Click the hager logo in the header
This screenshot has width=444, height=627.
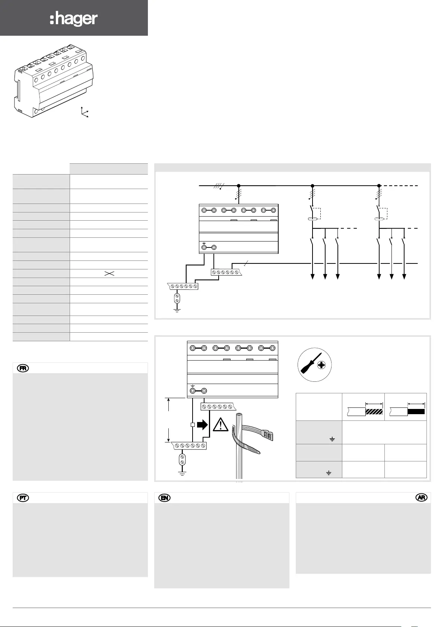(x=74, y=19)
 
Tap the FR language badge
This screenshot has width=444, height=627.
(x=23, y=368)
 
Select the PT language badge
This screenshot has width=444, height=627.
(x=23, y=498)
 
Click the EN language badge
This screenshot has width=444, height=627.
(x=164, y=498)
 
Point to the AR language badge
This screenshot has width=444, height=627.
(x=422, y=498)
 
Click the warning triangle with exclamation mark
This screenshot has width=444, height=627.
(x=221, y=425)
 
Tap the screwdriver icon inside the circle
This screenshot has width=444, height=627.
(x=310, y=365)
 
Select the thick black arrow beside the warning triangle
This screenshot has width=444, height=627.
(x=202, y=425)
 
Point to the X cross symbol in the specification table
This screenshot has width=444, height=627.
(x=109, y=273)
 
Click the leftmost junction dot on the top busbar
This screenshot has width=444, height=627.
(x=238, y=185)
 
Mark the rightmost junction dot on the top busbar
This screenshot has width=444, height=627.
(x=379, y=185)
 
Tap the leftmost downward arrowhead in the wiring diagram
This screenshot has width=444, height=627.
(x=313, y=276)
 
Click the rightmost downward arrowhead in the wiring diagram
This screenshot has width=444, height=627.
(x=404, y=276)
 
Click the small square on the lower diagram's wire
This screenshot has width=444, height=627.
(x=193, y=425)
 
